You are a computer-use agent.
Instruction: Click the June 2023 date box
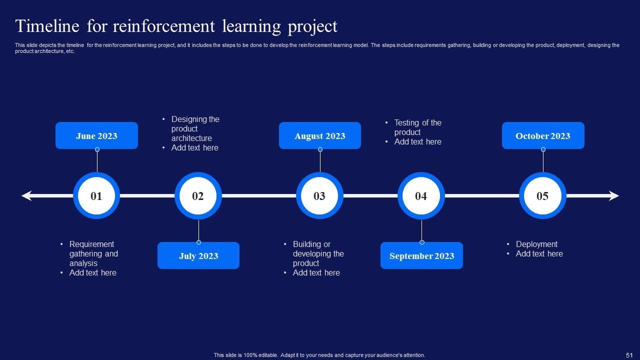click(96, 135)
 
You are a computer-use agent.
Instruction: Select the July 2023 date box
click(198, 255)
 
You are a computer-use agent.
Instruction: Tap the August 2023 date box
click(320, 135)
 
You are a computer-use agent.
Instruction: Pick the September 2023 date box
click(421, 255)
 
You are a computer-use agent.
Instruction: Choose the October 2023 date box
click(543, 135)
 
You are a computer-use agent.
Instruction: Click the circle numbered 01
click(96, 195)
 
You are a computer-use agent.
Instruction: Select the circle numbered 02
click(198, 195)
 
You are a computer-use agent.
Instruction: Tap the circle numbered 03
click(319, 195)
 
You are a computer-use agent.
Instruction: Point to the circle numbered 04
click(421, 195)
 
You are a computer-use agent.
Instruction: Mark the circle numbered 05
click(542, 195)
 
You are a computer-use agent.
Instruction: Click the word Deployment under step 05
click(536, 244)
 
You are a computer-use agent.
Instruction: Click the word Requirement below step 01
click(91, 244)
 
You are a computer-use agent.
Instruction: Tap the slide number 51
click(629, 355)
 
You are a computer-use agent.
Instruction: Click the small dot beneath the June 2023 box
click(97, 149)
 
